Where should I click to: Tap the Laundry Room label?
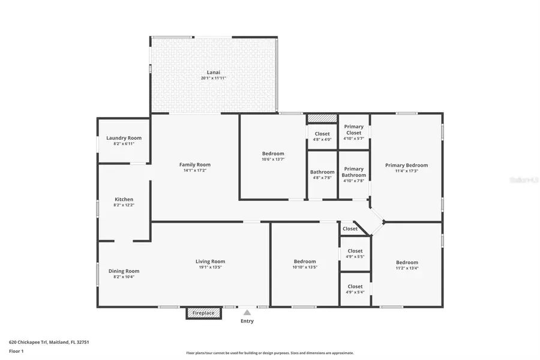(x=119, y=138)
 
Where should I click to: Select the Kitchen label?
(x=124, y=199)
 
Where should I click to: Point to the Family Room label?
(x=195, y=164)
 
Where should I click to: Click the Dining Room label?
(x=124, y=271)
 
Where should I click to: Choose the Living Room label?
(x=210, y=261)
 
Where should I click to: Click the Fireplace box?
(x=203, y=313)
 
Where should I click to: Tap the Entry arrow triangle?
(x=247, y=312)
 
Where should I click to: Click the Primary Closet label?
(x=353, y=130)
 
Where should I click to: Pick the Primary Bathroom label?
(x=353, y=172)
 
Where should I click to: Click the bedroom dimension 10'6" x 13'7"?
(x=273, y=160)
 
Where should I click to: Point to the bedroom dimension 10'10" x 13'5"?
(x=305, y=267)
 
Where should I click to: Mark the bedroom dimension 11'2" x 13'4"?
(x=407, y=268)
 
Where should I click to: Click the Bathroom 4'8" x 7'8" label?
(x=322, y=175)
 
